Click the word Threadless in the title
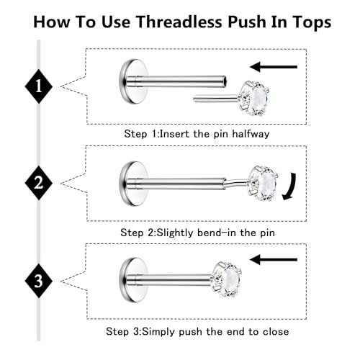[x=179, y=22]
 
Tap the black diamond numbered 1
[x=39, y=86]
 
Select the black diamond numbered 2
[x=39, y=183]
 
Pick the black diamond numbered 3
[x=39, y=281]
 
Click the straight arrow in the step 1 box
[x=274, y=67]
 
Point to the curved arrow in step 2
[x=290, y=186]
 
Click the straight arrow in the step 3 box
[x=274, y=259]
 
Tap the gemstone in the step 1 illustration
[x=253, y=99]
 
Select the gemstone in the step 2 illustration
[x=263, y=184]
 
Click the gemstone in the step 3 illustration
[x=227, y=279]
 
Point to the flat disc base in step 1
[x=133, y=81]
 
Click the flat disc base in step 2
[x=133, y=184]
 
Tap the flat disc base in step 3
[x=133, y=280]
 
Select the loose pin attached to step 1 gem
[x=215, y=99]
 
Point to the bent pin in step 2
[x=237, y=182]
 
